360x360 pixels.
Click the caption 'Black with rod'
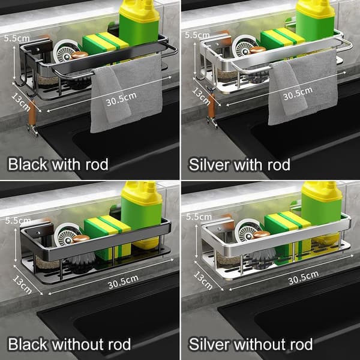click(x=58, y=164)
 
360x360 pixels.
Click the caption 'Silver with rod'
click(x=239, y=164)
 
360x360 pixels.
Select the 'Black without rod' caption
click(x=70, y=344)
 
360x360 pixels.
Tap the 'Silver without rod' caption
click(x=250, y=344)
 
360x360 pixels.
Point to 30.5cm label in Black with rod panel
click(x=121, y=99)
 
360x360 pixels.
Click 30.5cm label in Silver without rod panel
click(x=303, y=277)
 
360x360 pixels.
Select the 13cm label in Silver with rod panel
click(x=202, y=97)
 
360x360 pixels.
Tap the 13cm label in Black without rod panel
click(x=22, y=284)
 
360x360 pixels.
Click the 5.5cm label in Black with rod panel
click(x=17, y=38)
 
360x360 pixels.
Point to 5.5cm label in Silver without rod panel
click(x=199, y=217)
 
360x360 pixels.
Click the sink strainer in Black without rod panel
click(x=67, y=235)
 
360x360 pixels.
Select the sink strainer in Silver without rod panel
click(x=247, y=231)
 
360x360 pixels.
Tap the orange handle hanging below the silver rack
click(x=211, y=107)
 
